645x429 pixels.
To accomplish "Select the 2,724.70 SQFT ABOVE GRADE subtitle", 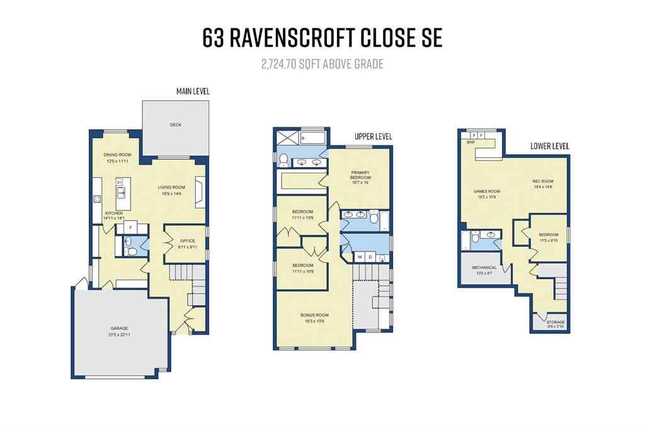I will coord(322,64).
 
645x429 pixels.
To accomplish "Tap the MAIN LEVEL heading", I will coord(193,92).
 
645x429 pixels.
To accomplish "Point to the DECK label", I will coord(175,125).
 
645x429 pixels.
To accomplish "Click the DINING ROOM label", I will coord(117,155).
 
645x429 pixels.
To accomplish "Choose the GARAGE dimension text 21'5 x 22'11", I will coord(119,334).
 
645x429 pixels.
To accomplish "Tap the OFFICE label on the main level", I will coord(187,241).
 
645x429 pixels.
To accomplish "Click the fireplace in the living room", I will coord(200,192).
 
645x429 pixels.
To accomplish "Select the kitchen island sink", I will coord(119,183).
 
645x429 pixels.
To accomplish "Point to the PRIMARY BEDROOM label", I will coord(360,174).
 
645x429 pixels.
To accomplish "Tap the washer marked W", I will coord(360,257).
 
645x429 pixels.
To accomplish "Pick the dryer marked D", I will coord(371,257).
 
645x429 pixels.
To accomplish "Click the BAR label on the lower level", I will coord(470,142).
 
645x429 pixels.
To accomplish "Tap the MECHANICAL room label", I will coord(484,268).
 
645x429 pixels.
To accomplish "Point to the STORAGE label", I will coord(555,323).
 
